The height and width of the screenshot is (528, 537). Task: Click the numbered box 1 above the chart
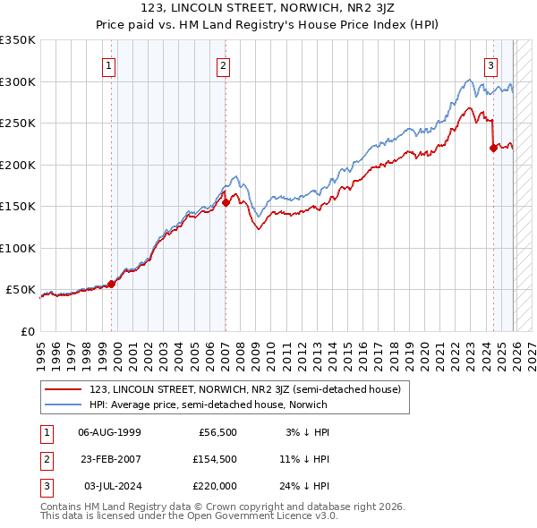click(108, 64)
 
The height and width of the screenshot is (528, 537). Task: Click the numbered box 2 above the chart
click(222, 64)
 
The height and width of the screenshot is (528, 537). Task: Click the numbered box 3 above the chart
click(491, 64)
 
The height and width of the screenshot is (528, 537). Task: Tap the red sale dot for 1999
click(112, 285)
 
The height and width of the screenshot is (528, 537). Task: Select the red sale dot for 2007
click(226, 202)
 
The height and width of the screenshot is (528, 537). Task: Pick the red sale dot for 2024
click(493, 149)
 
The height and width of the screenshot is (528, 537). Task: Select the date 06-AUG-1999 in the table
click(109, 432)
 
